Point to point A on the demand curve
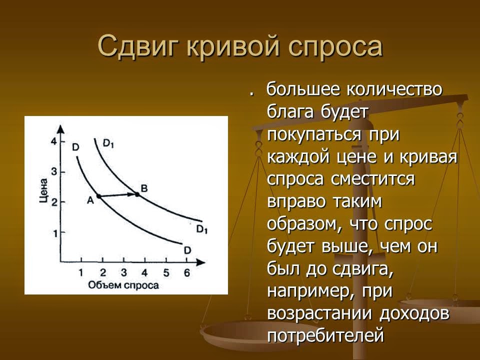pyautogui.click(x=98, y=196)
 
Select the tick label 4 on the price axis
pyautogui.click(x=53, y=141)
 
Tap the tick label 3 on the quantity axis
pyautogui.click(x=123, y=273)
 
